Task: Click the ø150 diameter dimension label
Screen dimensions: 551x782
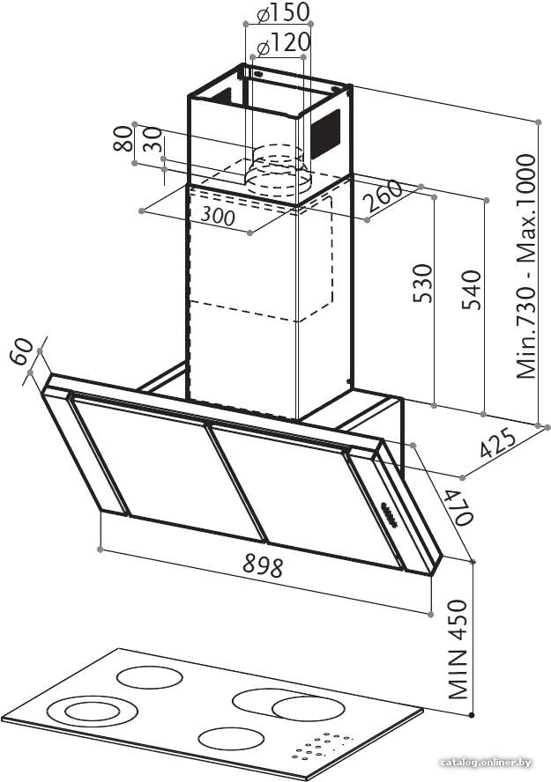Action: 284,12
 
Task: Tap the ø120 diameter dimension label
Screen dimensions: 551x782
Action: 282,44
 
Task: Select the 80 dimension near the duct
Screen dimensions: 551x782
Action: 123,138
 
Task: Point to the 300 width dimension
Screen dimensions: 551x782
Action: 218,216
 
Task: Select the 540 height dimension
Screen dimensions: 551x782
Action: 471,290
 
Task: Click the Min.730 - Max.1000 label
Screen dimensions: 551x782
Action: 526,266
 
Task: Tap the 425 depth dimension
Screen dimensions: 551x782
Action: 497,442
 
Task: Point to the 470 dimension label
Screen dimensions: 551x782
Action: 458,507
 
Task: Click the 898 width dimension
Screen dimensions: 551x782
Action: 263,565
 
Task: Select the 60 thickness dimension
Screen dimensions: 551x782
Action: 21,351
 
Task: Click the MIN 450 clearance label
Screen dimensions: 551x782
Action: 458,650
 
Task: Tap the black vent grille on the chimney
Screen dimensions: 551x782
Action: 326,134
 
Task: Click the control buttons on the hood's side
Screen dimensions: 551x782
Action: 389,514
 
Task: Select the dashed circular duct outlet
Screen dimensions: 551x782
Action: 278,170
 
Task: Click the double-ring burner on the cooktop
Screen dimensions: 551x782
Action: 92,711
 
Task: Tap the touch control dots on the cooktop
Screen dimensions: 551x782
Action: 322,745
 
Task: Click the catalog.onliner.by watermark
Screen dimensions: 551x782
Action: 486,763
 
